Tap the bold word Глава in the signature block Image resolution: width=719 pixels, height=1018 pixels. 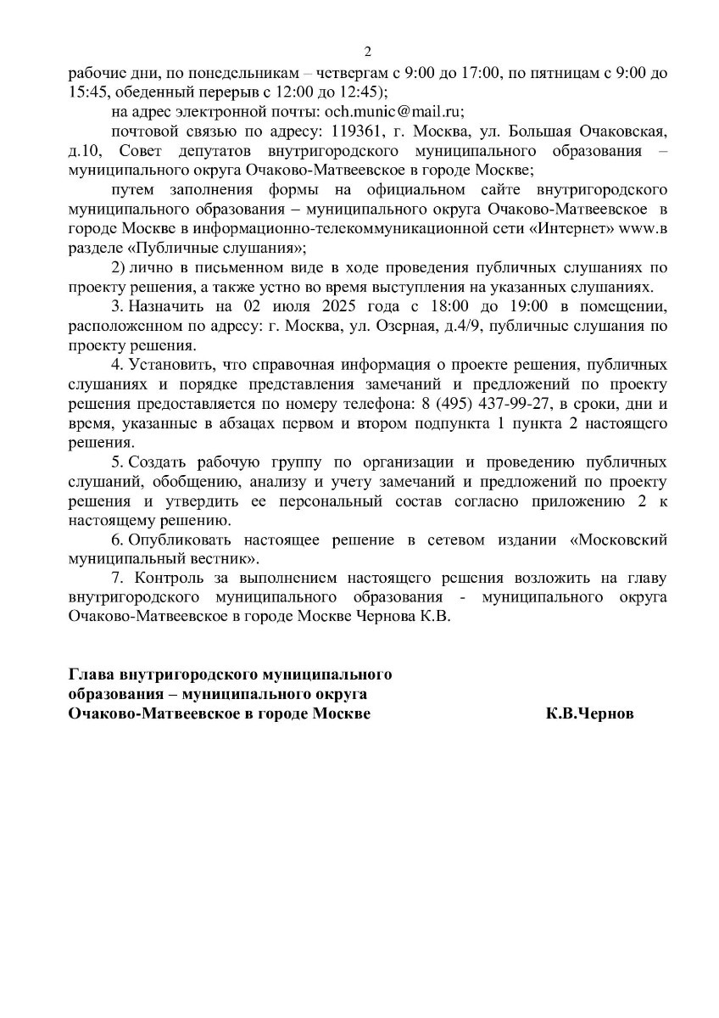tap(90, 674)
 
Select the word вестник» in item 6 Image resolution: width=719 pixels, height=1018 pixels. tap(229, 559)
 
